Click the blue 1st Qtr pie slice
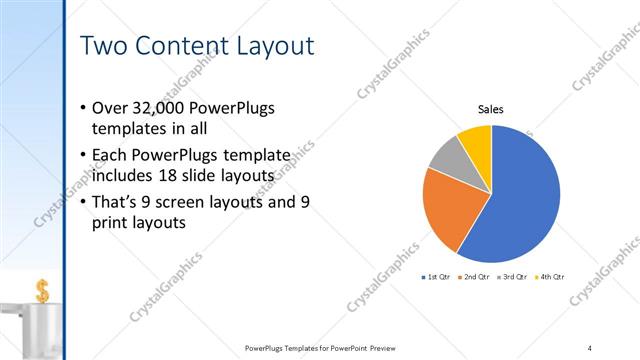[x=525, y=190]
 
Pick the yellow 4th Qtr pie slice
[x=476, y=140]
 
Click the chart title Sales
[x=490, y=109]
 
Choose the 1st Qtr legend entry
[x=437, y=277]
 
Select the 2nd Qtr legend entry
[x=475, y=277]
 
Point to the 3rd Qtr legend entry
[x=512, y=277]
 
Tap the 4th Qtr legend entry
[x=550, y=277]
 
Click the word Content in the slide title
[x=176, y=46]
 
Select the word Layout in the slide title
[x=273, y=46]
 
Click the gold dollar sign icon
[x=42, y=292]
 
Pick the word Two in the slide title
[x=102, y=46]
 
